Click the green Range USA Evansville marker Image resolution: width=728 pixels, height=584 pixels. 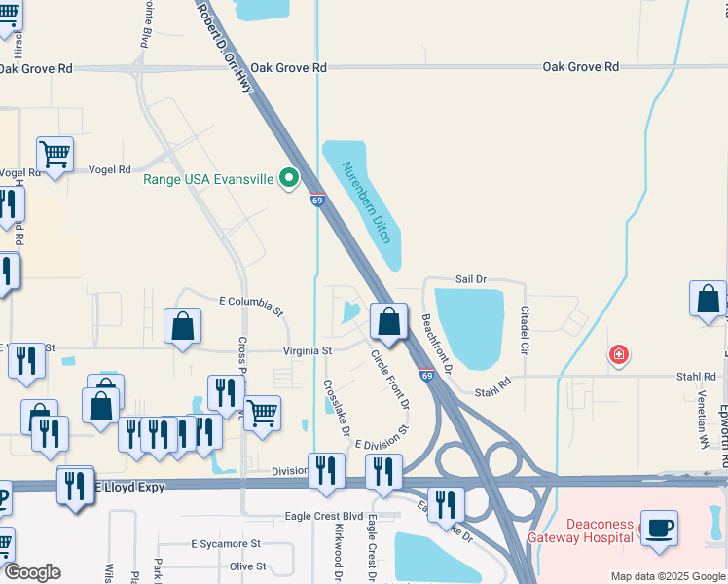coord(288,178)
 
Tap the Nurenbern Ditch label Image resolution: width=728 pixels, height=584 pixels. coord(368,201)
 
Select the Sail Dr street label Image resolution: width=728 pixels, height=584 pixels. coord(471,279)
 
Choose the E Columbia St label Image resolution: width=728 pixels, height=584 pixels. coord(251,306)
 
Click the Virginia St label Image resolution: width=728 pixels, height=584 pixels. coord(308,350)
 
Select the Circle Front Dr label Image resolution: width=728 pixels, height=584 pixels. coord(389,380)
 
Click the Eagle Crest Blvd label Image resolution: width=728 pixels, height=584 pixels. coord(323,516)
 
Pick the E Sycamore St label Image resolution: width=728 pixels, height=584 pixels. coord(226,543)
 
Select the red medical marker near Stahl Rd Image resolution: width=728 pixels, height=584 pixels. coord(617,355)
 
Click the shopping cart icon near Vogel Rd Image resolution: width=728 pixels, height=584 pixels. coord(55,154)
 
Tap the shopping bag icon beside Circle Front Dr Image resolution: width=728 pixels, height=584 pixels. coord(388,321)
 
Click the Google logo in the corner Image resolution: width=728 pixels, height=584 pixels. coord(31,572)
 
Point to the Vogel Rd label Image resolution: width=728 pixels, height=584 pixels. coord(109,170)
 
